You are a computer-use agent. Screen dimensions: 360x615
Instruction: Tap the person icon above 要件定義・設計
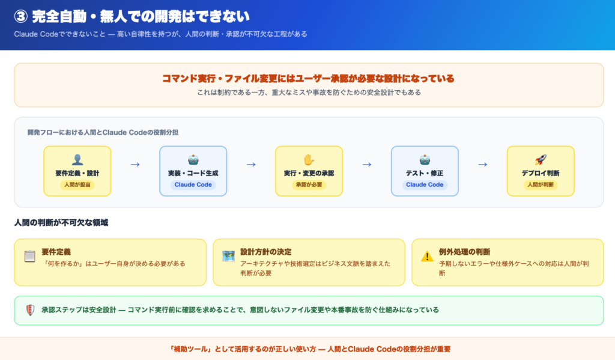coord(77,159)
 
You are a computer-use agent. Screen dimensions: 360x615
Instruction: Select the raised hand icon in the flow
coord(309,159)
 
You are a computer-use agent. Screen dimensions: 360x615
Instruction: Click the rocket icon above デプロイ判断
coord(541,159)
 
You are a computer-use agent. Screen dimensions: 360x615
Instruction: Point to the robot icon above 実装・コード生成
coord(193,159)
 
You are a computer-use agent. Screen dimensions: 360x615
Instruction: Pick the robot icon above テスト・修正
coord(425,159)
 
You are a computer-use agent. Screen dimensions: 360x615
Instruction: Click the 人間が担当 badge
coord(77,185)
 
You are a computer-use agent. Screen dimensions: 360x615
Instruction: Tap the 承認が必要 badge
coord(309,185)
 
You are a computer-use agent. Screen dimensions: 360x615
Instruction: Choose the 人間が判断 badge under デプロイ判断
coord(541,185)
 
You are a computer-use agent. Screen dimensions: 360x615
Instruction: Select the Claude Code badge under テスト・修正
coord(425,185)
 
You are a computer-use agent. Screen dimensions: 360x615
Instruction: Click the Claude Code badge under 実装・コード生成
coord(193,185)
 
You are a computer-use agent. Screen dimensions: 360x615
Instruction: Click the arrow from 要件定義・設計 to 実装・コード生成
coord(135,164)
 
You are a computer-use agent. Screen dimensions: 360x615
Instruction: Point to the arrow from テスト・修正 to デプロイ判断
coord(482,164)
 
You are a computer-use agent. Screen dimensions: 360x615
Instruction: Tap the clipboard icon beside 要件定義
coord(29,257)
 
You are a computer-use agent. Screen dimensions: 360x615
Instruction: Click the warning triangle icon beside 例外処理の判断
coord(427,257)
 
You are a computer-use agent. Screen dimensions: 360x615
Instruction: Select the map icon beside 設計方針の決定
coord(228,257)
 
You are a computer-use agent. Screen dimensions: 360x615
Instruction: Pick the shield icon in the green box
coord(30,310)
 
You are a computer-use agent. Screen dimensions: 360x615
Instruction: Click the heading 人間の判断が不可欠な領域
coord(61,223)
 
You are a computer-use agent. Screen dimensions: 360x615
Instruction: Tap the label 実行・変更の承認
coord(309,173)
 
